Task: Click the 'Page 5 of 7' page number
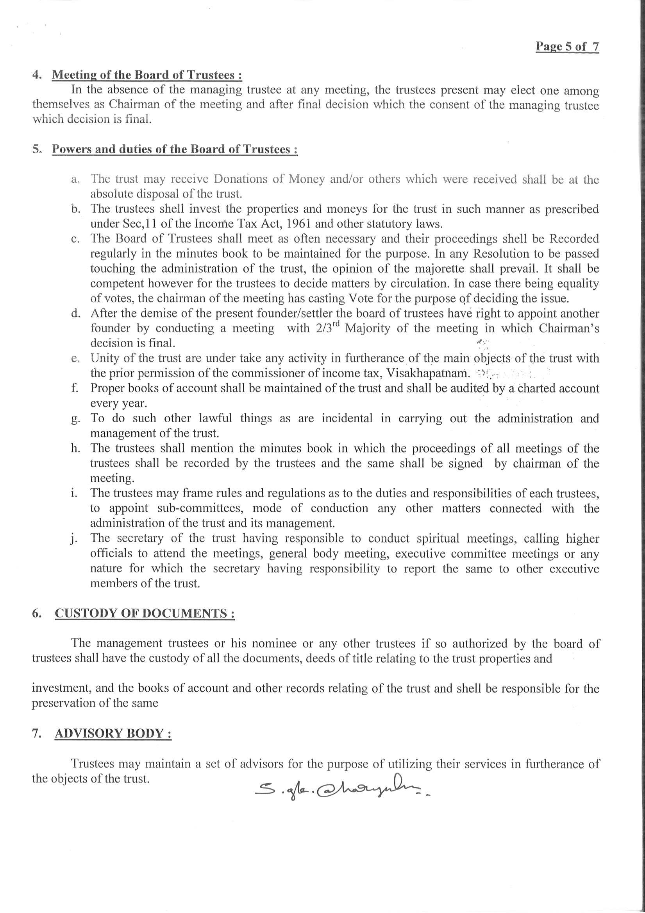[567, 47]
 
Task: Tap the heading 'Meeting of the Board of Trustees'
[147, 75]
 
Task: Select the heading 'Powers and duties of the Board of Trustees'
[175, 149]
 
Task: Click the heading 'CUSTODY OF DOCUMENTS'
[144, 613]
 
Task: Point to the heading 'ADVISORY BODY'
[113, 734]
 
